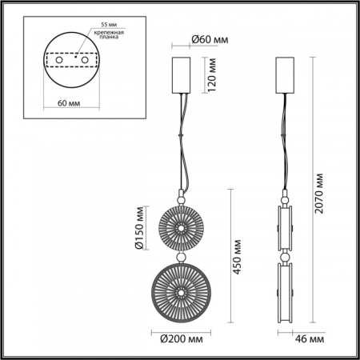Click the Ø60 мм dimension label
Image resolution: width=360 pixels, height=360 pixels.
(x=210, y=40)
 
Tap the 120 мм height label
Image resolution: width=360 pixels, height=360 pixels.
(x=212, y=75)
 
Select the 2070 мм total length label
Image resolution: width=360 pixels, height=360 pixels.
(x=319, y=194)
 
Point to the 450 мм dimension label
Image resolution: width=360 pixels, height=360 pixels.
(x=237, y=257)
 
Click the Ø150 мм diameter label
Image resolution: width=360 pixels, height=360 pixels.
(x=139, y=228)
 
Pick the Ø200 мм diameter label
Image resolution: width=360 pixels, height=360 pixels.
(x=182, y=339)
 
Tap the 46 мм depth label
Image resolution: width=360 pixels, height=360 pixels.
(x=310, y=339)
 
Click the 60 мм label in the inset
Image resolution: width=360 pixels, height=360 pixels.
(x=69, y=103)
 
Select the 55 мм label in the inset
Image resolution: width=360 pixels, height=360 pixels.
(x=109, y=25)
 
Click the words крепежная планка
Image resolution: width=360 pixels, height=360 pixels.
(x=109, y=34)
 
